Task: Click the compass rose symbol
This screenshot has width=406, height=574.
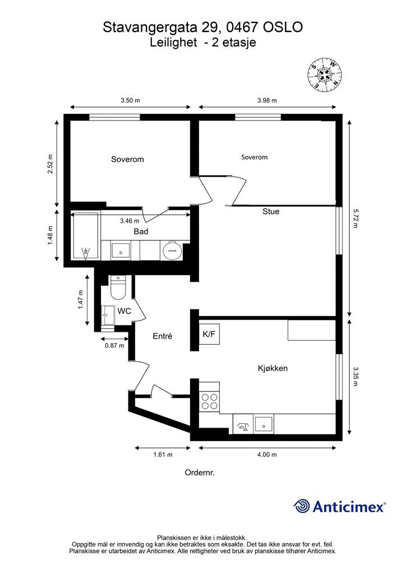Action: click(x=324, y=75)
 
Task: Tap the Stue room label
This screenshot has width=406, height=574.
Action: click(x=271, y=211)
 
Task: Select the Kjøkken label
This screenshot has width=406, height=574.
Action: click(x=273, y=368)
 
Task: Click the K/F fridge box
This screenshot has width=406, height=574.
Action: click(x=209, y=334)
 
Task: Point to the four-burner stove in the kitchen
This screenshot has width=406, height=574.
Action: click(x=209, y=401)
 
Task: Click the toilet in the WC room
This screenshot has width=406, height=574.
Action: click(x=118, y=289)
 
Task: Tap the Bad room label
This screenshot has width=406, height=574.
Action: click(x=141, y=232)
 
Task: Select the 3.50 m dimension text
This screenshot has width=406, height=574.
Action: click(x=130, y=100)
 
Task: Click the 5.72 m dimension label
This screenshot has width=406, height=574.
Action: click(x=355, y=218)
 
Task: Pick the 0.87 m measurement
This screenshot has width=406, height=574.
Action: click(x=114, y=345)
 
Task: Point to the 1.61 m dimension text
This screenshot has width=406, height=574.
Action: click(x=163, y=455)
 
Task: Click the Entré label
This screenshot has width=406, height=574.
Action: click(x=162, y=336)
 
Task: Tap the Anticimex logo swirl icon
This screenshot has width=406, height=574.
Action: click(x=301, y=507)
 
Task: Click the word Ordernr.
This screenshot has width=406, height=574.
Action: click(x=200, y=473)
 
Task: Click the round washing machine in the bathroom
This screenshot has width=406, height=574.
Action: click(x=171, y=251)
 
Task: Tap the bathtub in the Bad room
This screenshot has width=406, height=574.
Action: click(x=85, y=237)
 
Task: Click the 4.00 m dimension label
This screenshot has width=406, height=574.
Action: click(x=267, y=455)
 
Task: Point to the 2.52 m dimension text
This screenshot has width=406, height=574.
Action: click(x=50, y=164)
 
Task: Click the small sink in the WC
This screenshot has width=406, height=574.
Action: click(x=108, y=315)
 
